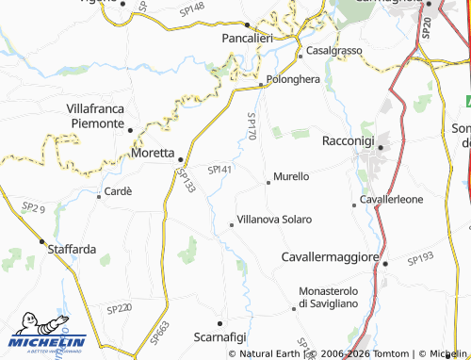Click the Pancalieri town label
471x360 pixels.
click(247, 39)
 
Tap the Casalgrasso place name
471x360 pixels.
click(333, 49)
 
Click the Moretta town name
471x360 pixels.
click(152, 152)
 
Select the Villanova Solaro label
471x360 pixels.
click(274, 219)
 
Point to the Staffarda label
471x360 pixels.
click(72, 249)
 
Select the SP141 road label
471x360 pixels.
click(219, 169)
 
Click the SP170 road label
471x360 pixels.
click(252, 127)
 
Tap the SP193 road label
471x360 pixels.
click(419, 256)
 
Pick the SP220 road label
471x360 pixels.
click(119, 308)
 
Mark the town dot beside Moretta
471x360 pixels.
click(180, 160)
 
